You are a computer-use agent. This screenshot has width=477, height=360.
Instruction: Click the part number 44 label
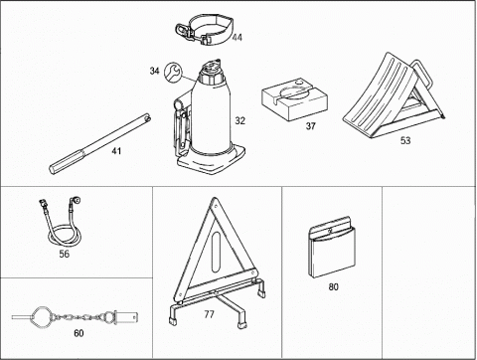click(237, 38)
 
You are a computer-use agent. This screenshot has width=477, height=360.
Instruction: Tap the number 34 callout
click(154, 71)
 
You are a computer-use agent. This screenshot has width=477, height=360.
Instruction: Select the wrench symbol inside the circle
click(172, 72)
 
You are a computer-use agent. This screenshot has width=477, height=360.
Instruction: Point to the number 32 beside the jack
click(240, 120)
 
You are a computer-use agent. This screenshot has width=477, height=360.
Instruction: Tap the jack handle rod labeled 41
click(99, 143)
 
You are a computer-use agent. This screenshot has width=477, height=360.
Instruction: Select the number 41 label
click(116, 151)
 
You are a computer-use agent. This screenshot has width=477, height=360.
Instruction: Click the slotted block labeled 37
click(294, 99)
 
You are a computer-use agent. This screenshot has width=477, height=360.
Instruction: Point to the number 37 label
click(310, 126)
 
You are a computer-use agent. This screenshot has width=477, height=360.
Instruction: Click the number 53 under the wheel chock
click(405, 140)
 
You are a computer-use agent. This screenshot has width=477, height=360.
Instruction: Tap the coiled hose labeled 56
click(62, 221)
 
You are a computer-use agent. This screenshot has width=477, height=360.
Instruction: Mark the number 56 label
click(65, 254)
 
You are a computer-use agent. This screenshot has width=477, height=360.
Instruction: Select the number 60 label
click(79, 333)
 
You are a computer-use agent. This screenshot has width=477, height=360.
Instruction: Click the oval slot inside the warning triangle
click(216, 253)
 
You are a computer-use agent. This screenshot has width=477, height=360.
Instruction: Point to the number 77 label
click(209, 314)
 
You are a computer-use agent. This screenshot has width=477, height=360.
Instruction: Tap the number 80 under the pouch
click(333, 286)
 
